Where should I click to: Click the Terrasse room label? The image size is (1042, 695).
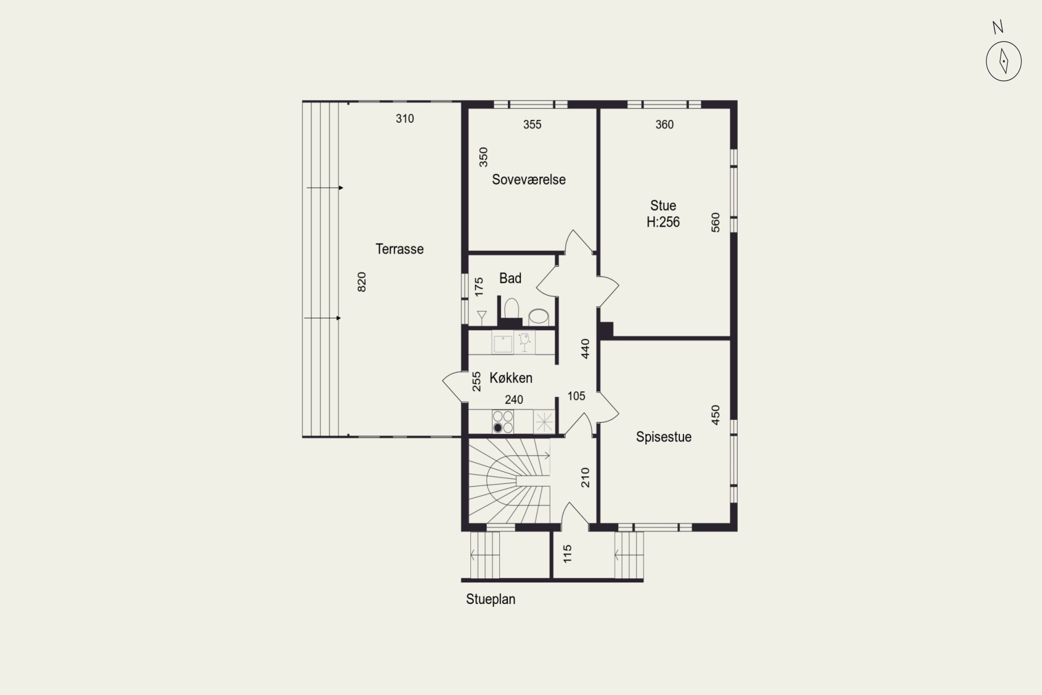tap(400, 249)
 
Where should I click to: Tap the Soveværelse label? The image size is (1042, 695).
tap(529, 180)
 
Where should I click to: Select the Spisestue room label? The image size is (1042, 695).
tap(664, 437)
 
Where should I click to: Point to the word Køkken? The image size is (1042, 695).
tap(511, 378)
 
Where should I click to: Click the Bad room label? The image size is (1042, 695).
tap(510, 278)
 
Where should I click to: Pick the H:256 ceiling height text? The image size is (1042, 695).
tap(663, 222)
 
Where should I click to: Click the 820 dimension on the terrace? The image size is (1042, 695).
tap(362, 282)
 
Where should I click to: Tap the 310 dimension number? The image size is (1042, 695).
tap(405, 118)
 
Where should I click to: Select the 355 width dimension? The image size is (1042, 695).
tap(532, 124)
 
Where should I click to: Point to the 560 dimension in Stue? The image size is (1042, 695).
tap(716, 222)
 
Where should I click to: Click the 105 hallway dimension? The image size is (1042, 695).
tap(576, 396)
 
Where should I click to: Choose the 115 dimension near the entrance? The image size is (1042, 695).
tap(567, 554)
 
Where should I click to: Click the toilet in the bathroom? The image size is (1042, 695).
tap(511, 309)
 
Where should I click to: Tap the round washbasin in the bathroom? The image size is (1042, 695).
tap(539, 317)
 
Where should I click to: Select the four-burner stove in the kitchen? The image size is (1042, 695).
tap(503, 422)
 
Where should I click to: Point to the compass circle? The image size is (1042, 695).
tap(1003, 61)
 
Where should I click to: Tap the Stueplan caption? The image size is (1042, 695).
tap(490, 599)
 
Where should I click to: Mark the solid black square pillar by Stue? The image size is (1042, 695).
tap(606, 330)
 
